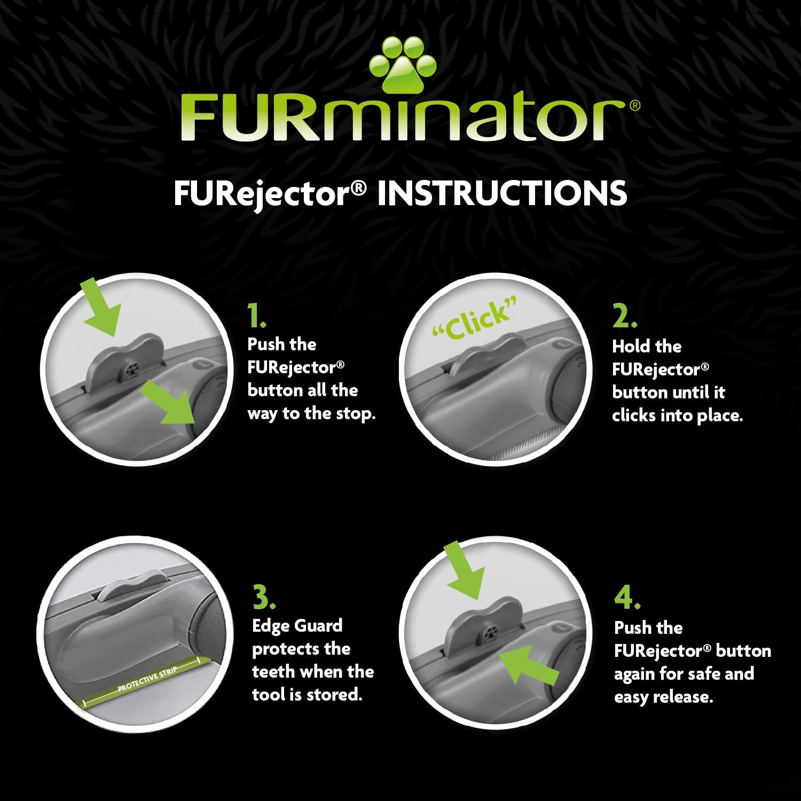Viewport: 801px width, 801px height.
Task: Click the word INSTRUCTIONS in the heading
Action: click(x=502, y=193)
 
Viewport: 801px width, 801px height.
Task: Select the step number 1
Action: click(x=256, y=316)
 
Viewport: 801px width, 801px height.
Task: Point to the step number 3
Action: click(x=264, y=598)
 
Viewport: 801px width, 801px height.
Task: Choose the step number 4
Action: click(x=627, y=598)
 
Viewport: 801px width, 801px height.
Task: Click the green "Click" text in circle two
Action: click(x=475, y=320)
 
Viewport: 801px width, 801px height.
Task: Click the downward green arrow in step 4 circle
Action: click(x=465, y=571)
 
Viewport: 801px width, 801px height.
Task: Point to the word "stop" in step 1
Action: click(x=355, y=414)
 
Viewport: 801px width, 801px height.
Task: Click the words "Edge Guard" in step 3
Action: click(x=297, y=626)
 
